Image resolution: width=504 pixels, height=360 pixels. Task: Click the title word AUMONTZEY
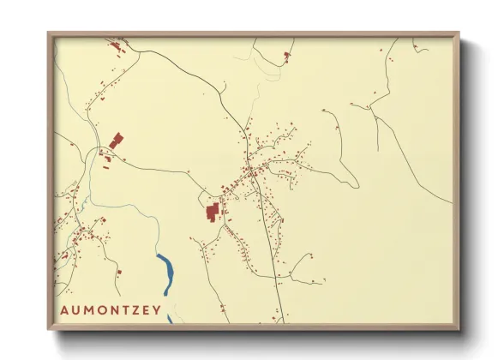[111, 310]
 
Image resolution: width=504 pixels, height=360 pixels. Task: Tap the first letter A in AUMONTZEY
[64, 310]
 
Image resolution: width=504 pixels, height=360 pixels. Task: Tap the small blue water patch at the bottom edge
[170, 319]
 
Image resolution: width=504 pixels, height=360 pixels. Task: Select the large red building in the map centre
[213, 211]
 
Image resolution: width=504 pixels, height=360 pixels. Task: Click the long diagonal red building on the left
[116, 140]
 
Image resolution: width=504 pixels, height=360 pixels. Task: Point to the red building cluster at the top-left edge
[113, 43]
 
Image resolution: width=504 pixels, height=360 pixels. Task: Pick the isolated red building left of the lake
[119, 273]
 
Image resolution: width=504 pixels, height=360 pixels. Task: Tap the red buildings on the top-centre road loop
[286, 56]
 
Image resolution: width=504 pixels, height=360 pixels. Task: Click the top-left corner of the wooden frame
[49, 34]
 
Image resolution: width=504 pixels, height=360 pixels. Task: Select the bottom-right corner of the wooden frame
[458, 328]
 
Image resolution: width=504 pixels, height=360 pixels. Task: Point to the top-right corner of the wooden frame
[458, 34]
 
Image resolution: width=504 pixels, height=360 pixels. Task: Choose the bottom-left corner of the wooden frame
[49, 328]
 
